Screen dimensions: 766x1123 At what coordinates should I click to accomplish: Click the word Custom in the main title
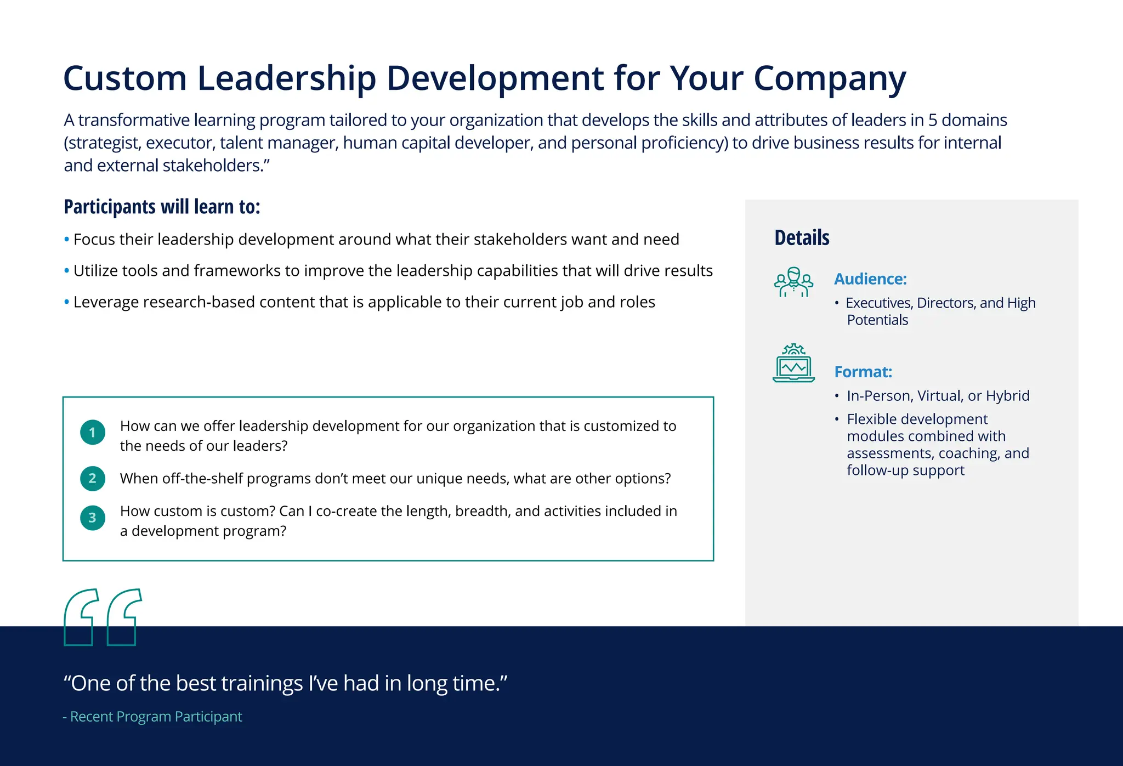click(125, 78)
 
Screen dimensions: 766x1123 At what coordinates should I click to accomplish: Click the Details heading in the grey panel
click(802, 238)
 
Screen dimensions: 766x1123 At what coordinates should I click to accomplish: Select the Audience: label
click(870, 279)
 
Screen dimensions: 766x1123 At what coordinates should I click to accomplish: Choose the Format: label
click(863, 372)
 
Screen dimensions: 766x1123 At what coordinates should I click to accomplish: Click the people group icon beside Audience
click(793, 282)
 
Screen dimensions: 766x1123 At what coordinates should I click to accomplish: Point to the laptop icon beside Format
click(793, 364)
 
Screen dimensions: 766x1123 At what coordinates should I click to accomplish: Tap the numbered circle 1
click(93, 433)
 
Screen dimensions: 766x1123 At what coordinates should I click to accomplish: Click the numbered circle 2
click(93, 478)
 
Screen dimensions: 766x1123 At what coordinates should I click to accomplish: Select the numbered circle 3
click(93, 518)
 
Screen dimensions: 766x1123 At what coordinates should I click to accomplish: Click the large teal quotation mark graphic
click(103, 617)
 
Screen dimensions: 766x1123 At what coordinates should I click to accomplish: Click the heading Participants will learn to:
click(162, 207)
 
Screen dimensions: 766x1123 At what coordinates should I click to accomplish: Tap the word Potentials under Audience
click(877, 320)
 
